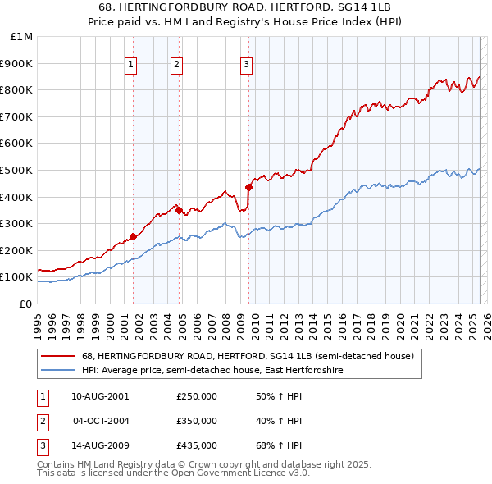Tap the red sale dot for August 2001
point(133,237)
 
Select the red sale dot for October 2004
point(179,210)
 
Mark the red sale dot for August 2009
point(248,187)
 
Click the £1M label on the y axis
point(22,36)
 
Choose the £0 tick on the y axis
point(25,304)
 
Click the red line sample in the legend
point(58,356)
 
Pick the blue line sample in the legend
point(58,371)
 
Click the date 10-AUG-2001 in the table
point(100,396)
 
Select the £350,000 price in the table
point(197,421)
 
